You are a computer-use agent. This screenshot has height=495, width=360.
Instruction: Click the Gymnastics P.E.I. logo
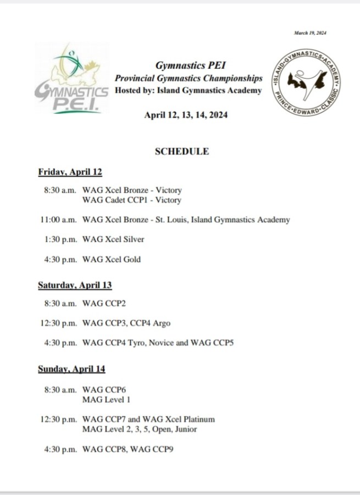pyautogui.click(x=71, y=80)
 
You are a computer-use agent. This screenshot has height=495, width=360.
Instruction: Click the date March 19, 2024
pyautogui.click(x=310, y=33)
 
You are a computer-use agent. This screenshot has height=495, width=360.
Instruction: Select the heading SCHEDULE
pyautogui.click(x=182, y=151)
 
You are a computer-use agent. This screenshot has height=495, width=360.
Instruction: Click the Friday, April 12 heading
pyautogui.click(x=70, y=172)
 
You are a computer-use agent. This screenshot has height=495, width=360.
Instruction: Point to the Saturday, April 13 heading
pyautogui.click(x=75, y=285)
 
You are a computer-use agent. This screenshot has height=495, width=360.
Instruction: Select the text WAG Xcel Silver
pyautogui.click(x=113, y=239)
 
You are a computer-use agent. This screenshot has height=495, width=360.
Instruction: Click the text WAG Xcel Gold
pyautogui.click(x=111, y=259)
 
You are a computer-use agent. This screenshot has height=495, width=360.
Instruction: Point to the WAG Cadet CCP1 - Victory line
pyautogui.click(x=131, y=200)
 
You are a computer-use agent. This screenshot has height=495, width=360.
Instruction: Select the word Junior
pyautogui.click(x=185, y=429)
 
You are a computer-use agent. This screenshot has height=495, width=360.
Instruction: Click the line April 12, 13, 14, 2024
pyautogui.click(x=186, y=115)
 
